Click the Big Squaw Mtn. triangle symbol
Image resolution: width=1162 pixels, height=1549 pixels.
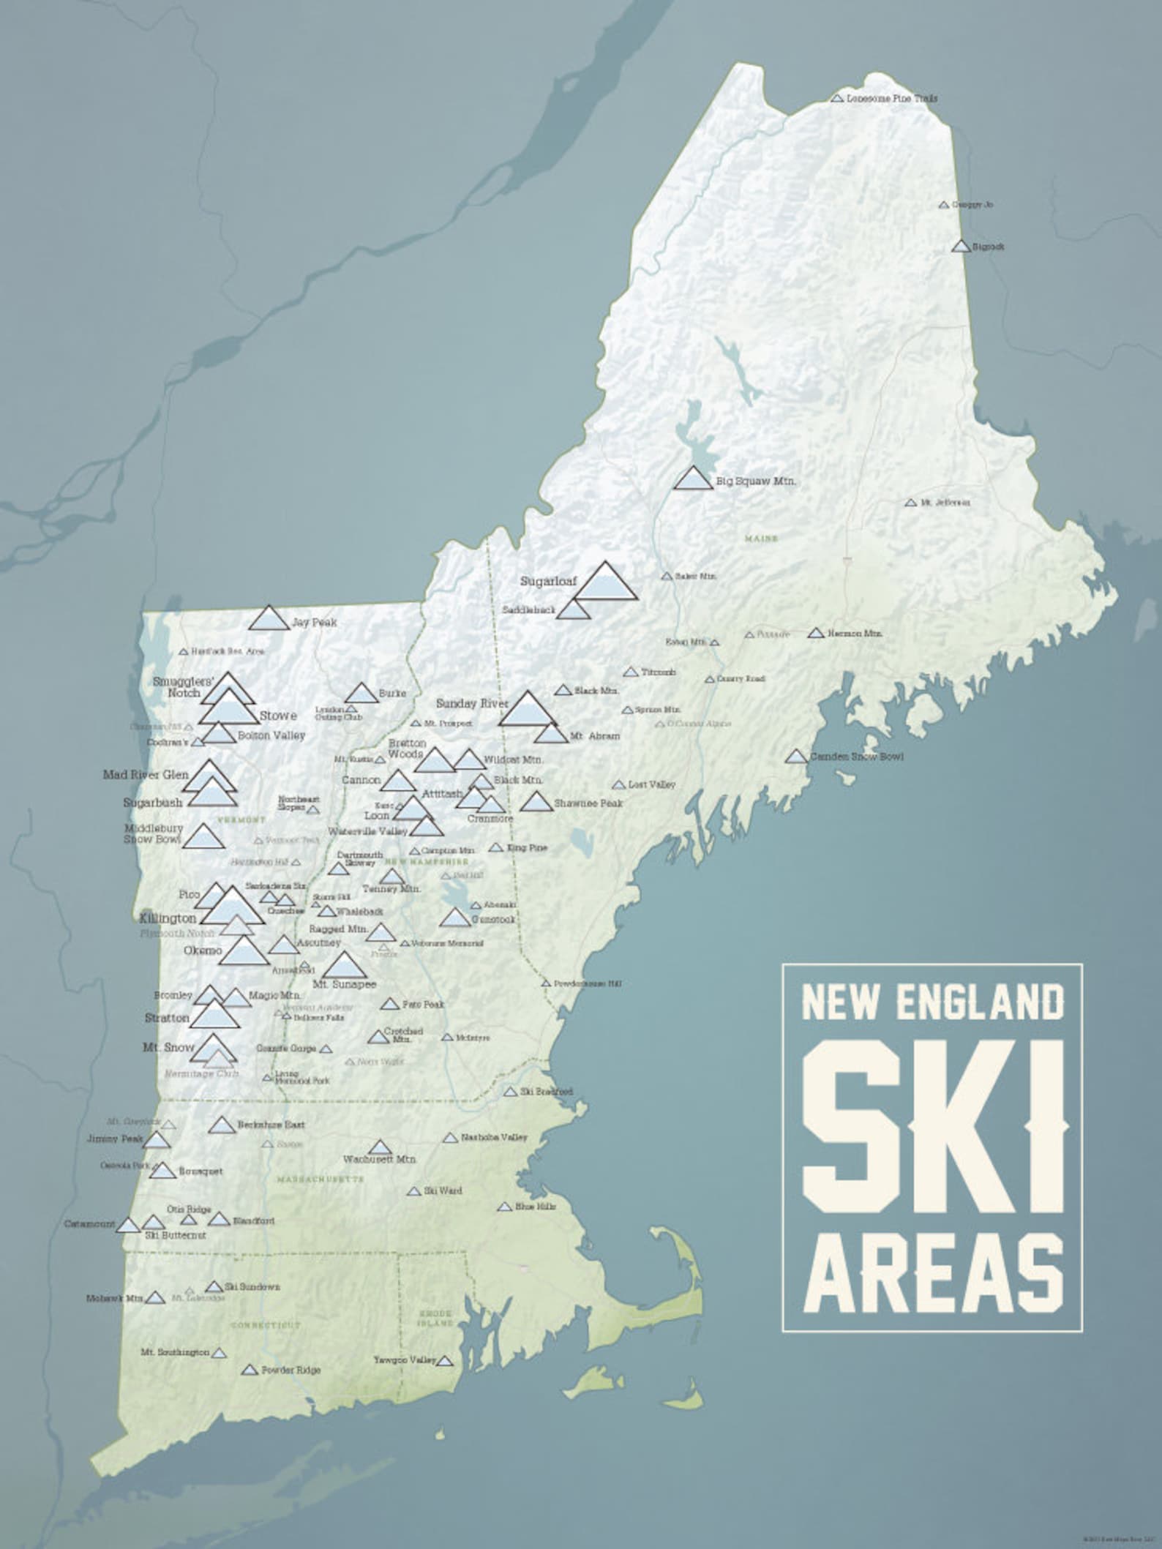pos(692,479)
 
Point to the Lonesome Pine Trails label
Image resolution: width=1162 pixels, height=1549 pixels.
pos(892,98)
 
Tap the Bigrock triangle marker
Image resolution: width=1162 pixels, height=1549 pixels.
pos(961,247)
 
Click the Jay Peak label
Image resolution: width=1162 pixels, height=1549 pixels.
pos(314,623)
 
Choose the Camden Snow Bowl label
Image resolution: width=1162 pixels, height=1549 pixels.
pos(856,756)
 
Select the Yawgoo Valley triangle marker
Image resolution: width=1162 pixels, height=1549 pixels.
pos(445,1361)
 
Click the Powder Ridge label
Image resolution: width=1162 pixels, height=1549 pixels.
pos(290,1370)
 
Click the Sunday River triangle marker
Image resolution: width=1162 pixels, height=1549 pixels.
pos(525,709)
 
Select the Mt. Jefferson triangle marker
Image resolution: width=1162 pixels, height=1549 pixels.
pos(910,503)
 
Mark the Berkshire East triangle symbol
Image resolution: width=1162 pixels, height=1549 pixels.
pos(222,1125)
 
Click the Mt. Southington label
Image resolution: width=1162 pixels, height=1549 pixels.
pos(174,1353)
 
